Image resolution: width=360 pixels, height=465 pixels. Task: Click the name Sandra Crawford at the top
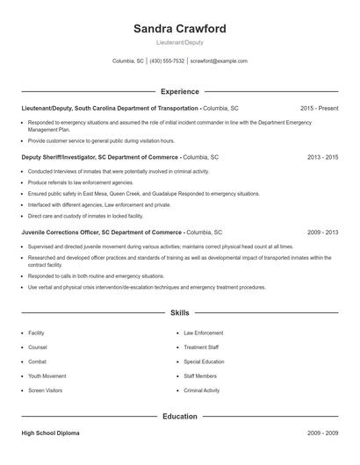pos(179,29)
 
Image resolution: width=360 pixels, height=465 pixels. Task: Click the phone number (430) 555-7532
pos(167,61)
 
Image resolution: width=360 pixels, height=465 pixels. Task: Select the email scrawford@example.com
pos(219,61)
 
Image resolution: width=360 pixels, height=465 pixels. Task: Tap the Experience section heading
pos(179,91)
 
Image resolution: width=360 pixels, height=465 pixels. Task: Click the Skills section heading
pos(179,312)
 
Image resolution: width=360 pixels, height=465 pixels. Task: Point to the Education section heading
pos(179,416)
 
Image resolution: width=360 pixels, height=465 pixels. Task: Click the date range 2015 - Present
pos(319,108)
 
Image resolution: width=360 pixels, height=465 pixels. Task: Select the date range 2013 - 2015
pos(322,157)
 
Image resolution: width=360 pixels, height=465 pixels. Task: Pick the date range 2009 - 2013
pos(322,232)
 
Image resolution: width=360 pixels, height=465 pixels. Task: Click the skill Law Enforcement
pos(203,333)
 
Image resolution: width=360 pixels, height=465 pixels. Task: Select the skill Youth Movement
pos(47,376)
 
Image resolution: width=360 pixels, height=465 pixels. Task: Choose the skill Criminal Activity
pos(202,390)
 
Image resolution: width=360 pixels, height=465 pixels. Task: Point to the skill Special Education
pos(204,361)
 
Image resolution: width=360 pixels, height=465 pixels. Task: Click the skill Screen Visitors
pos(47,390)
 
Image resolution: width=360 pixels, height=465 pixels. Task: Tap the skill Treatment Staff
pos(201,347)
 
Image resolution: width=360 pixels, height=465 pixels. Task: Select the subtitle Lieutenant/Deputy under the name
pos(179,42)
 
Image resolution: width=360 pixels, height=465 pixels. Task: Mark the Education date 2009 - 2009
pos(322,433)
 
